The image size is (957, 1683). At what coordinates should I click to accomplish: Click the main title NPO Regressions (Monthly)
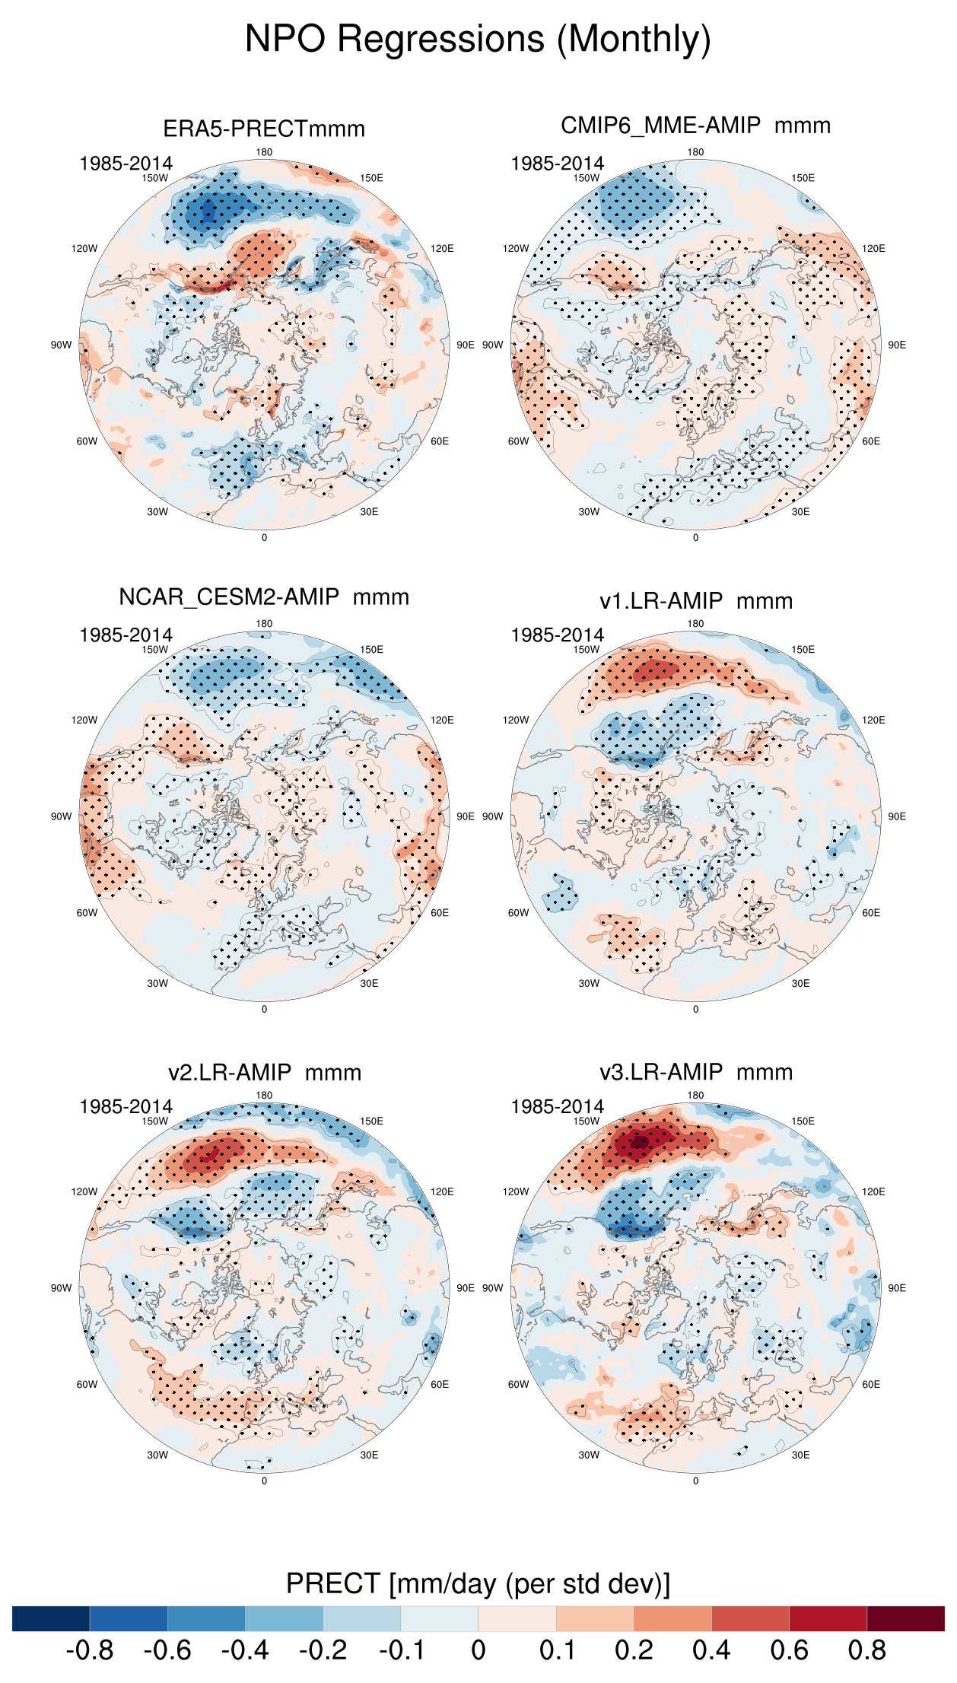[x=478, y=39]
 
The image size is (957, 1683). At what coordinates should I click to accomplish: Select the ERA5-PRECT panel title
[x=264, y=129]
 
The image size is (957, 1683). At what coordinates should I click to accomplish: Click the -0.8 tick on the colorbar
[x=90, y=1650]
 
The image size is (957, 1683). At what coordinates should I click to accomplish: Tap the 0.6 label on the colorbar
[x=789, y=1650]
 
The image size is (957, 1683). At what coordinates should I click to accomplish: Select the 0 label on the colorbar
[x=478, y=1650]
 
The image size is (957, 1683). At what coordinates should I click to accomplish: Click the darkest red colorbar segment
[x=905, y=1618]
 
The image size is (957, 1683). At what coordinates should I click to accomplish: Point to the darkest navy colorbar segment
[x=51, y=1618]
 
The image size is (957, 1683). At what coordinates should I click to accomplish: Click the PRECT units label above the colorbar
[x=478, y=1583]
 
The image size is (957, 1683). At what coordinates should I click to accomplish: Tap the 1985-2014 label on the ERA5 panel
[x=126, y=164]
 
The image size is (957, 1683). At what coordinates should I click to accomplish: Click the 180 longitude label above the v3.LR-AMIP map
[x=695, y=1096]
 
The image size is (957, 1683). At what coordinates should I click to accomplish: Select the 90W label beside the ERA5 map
[x=61, y=345]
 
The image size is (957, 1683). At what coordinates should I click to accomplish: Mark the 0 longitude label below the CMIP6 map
[x=695, y=538]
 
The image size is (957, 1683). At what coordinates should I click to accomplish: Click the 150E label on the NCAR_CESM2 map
[x=371, y=650]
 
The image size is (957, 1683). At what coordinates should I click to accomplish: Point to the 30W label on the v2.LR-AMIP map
[x=157, y=1455]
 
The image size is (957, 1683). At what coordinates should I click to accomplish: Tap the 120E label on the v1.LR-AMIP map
[x=873, y=721]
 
